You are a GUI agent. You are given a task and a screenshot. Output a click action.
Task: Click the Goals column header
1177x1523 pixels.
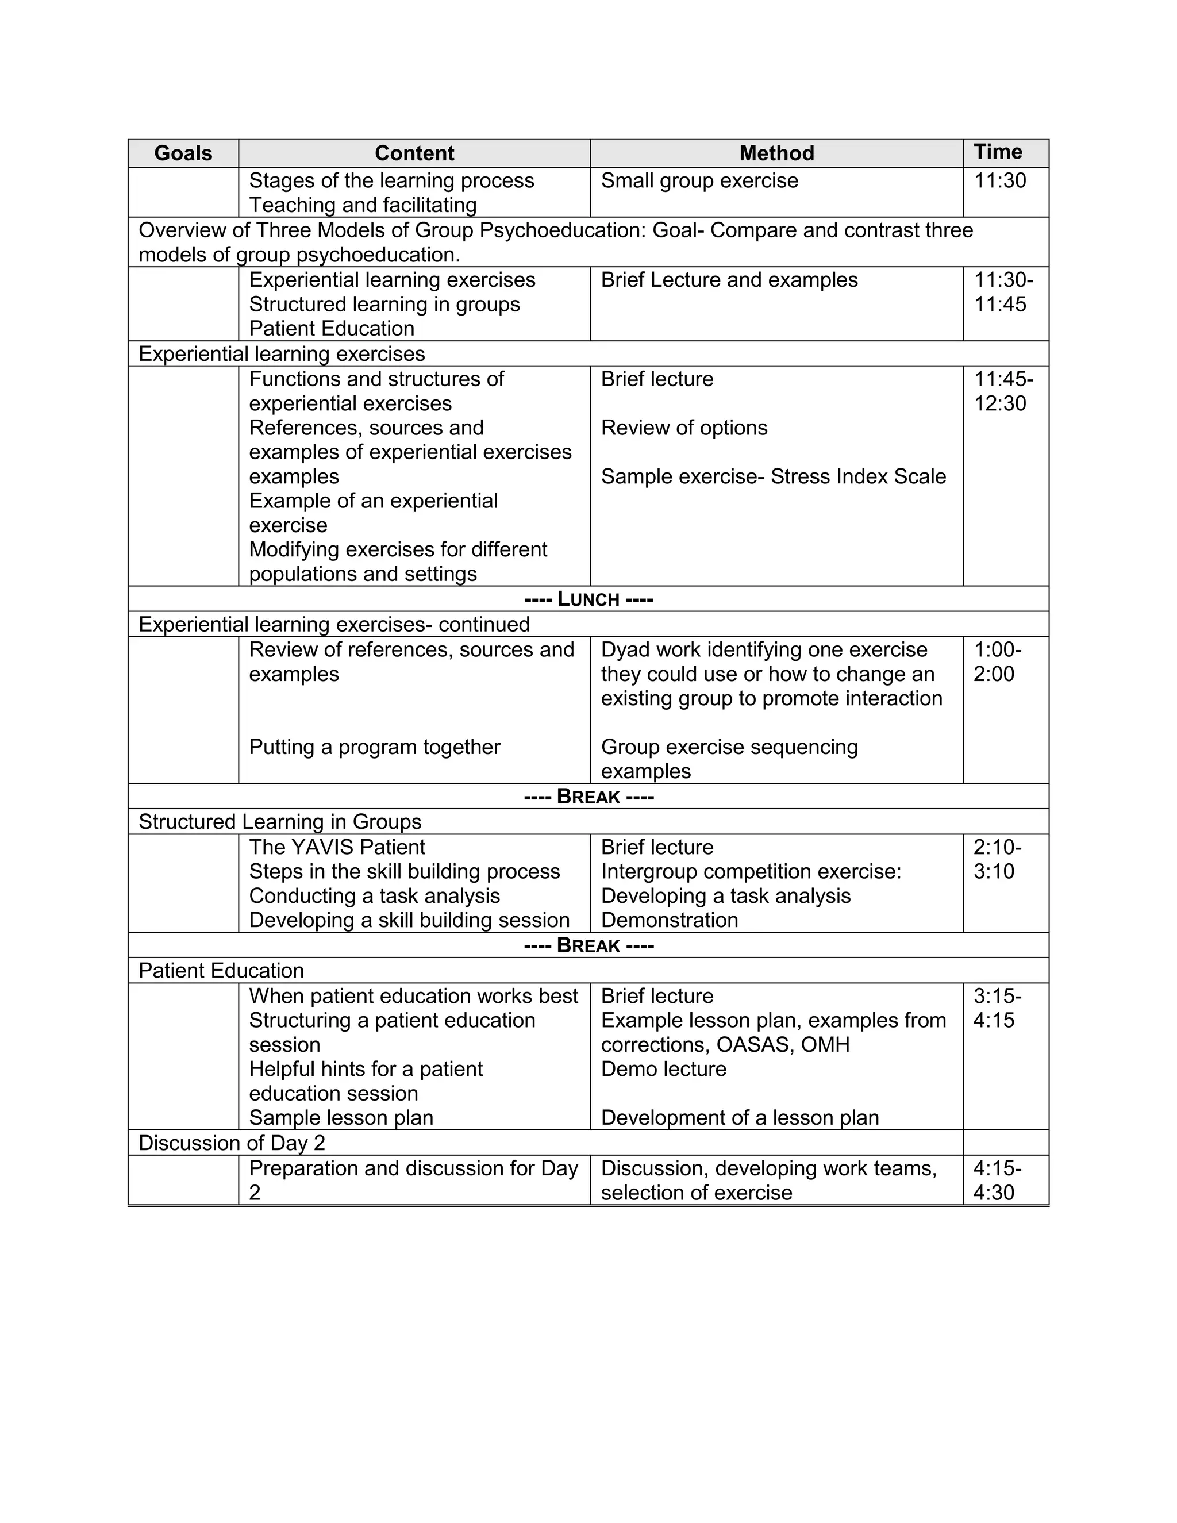pyautogui.click(x=183, y=153)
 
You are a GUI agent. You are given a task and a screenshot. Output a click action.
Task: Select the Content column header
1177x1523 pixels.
pyautogui.click(x=414, y=153)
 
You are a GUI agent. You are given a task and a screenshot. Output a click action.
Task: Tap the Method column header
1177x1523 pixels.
pyautogui.click(x=776, y=153)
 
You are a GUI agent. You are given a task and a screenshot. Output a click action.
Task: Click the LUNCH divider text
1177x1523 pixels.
pyautogui.click(x=588, y=599)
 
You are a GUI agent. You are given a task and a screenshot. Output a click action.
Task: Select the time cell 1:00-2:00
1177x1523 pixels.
pyautogui.click(x=997, y=661)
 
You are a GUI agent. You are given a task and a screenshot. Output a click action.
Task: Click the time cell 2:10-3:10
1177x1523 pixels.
pyautogui.click(x=997, y=859)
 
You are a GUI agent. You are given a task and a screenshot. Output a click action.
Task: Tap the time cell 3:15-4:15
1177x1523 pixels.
pyautogui.click(x=997, y=1007)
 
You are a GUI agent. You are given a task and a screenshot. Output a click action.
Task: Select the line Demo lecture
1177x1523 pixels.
pyautogui.click(x=663, y=1069)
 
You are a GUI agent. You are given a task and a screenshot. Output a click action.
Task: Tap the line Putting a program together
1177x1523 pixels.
pyautogui.click(x=375, y=747)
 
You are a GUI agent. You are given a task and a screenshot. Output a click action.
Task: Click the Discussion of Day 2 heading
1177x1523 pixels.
pyautogui.click(x=232, y=1143)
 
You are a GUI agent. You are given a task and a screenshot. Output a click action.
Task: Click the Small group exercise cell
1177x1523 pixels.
pyautogui.click(x=699, y=180)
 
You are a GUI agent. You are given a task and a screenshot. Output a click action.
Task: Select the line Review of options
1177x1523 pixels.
pyautogui.click(x=684, y=428)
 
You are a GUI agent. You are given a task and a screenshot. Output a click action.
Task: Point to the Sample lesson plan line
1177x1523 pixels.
pyautogui.click(x=341, y=1118)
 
